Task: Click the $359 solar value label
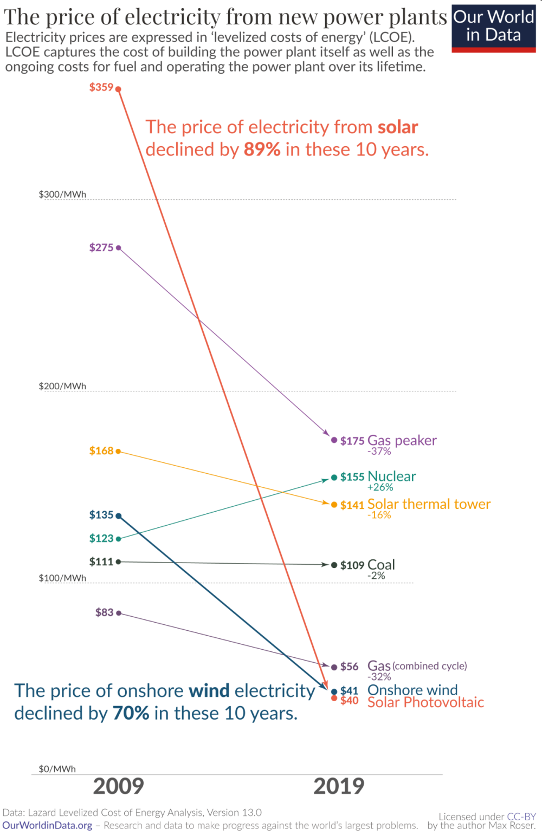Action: (101, 87)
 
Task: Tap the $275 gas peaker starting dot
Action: (119, 248)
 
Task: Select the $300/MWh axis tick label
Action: (62, 194)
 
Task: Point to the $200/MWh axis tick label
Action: (62, 386)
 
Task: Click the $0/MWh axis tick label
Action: (57, 769)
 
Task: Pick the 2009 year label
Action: (119, 786)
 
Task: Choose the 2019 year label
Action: (339, 786)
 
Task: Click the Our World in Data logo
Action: (494, 27)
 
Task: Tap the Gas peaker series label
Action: (402, 440)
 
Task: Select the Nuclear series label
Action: (391, 476)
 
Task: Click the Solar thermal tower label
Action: (429, 504)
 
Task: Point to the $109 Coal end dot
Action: (334, 565)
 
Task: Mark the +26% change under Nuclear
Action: (380, 487)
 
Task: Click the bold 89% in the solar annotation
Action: (262, 149)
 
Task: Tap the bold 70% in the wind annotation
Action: (131, 713)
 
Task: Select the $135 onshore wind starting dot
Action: (119, 516)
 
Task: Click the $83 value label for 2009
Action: (104, 612)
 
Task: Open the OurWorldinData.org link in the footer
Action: (47, 826)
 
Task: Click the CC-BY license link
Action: (521, 817)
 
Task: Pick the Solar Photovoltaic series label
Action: (425, 702)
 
